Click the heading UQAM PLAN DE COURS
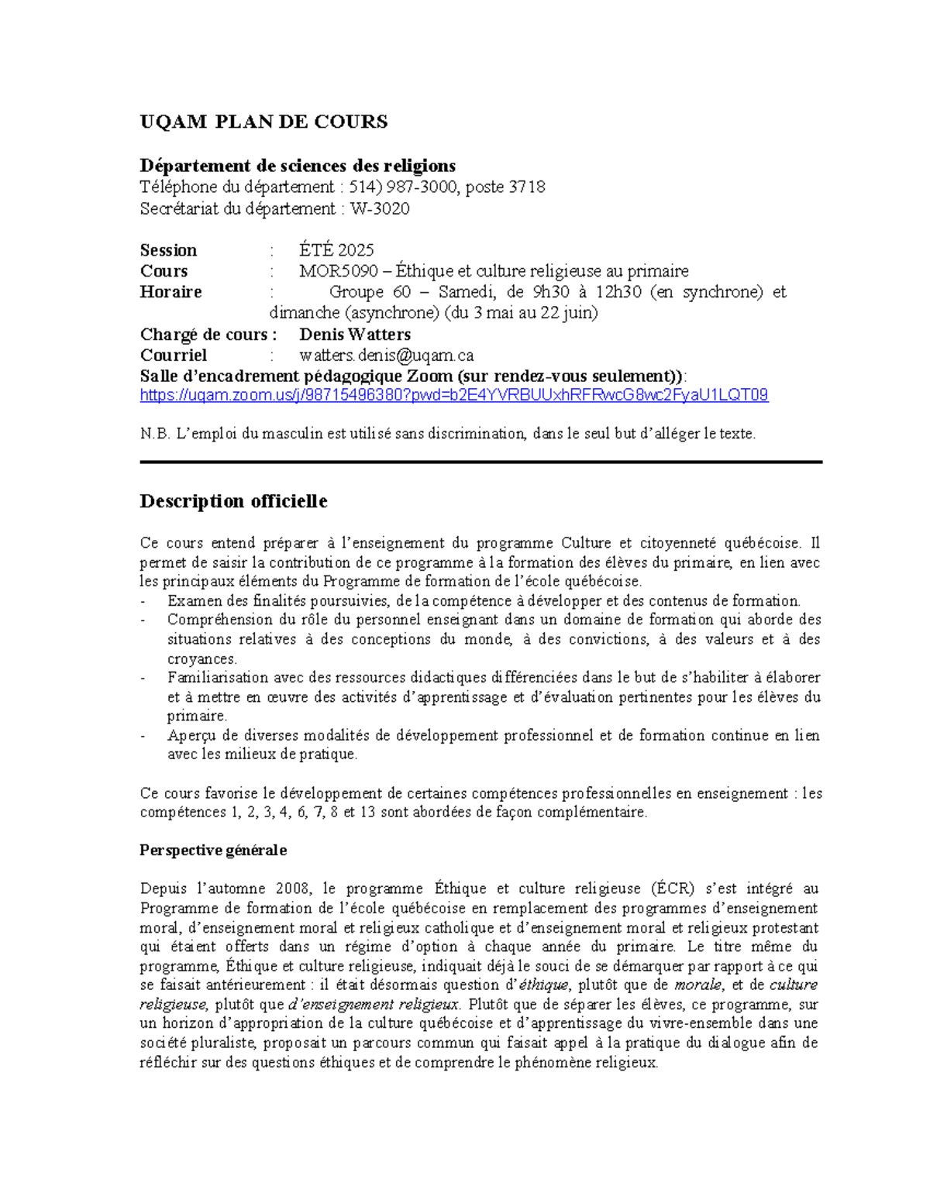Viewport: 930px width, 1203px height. pyautogui.click(x=263, y=122)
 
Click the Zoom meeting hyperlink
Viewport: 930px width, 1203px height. pyautogui.click(x=453, y=395)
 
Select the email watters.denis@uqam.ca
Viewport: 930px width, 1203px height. pyautogui.click(x=386, y=356)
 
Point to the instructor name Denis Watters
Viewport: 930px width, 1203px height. pyautogui.click(x=355, y=335)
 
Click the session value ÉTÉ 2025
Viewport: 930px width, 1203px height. pyautogui.click(x=336, y=250)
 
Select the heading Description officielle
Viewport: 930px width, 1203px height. pyautogui.click(x=233, y=501)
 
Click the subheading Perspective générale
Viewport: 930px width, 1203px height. pyautogui.click(x=213, y=851)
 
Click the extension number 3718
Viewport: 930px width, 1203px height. pyautogui.click(x=527, y=187)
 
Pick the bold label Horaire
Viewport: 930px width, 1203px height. pyautogui.click(x=170, y=292)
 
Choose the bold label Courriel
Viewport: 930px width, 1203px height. pyautogui.click(x=173, y=356)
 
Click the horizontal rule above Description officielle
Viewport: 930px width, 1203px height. pyautogui.click(x=480, y=462)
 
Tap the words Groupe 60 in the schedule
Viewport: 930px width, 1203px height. pyautogui.click(x=370, y=292)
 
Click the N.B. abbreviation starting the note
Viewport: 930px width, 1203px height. pyautogui.click(x=154, y=434)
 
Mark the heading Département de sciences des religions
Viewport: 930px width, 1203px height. pyautogui.click(x=298, y=166)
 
